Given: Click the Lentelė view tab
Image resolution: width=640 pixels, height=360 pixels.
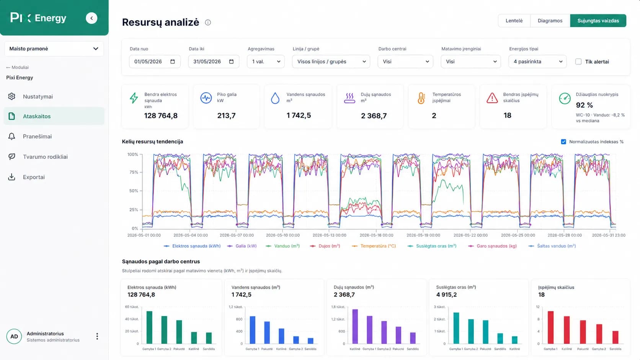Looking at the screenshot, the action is (x=514, y=21).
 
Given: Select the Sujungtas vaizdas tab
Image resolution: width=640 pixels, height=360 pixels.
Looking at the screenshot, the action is (x=598, y=21).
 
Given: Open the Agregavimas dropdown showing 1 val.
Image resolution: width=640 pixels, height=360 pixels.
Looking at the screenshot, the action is (x=266, y=61).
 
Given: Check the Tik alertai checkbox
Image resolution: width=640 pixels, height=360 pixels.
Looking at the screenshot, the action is (x=578, y=62).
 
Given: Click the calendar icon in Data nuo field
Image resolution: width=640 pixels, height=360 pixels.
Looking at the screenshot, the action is (x=173, y=61).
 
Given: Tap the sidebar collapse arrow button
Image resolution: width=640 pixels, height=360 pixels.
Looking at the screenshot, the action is (x=91, y=18).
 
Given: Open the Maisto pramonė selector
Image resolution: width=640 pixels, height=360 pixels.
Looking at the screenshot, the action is (x=54, y=49).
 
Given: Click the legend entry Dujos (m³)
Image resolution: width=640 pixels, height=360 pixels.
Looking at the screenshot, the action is (x=325, y=246).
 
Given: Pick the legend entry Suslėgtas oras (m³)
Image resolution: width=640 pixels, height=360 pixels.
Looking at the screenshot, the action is (x=432, y=246).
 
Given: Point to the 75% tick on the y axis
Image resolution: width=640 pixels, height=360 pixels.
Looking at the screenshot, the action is (x=134, y=172).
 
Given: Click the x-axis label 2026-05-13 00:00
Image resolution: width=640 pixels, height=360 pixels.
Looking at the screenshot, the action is (x=330, y=235).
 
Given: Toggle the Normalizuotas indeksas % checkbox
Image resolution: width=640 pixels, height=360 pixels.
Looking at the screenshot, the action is (x=563, y=142).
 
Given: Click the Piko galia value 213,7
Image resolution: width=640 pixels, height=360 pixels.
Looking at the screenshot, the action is (x=226, y=116).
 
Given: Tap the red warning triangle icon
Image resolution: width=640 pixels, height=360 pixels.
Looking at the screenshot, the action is (x=492, y=98).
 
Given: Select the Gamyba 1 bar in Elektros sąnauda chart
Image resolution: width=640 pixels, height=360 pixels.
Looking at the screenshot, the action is (x=149, y=327).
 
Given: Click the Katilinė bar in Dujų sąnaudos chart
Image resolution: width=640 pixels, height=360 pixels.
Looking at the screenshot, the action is (x=355, y=326).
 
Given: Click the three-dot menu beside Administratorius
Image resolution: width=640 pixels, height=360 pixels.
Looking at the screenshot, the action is (x=97, y=336).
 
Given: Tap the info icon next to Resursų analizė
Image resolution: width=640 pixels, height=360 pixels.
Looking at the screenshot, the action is (x=208, y=22).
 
